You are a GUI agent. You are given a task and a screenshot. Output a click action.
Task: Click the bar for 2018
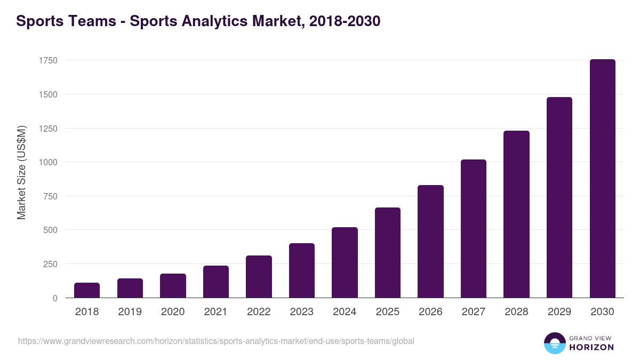point(87,290)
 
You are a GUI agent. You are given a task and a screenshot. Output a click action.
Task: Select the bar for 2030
point(602,179)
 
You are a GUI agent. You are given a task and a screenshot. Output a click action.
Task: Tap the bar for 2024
point(345,262)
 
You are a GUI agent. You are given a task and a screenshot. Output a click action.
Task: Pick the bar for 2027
point(474,229)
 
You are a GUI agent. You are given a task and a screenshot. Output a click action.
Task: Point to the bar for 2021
point(216,282)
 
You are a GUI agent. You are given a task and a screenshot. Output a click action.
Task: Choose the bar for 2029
point(559,197)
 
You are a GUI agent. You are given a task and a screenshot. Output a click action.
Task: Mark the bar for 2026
point(430,242)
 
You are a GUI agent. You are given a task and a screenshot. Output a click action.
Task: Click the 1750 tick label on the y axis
point(48,60)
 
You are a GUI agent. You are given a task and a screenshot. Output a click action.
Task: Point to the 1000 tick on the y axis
point(48,162)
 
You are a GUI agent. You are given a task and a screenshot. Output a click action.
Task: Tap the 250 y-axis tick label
point(50,264)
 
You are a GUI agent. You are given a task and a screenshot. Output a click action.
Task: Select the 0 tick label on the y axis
point(55,298)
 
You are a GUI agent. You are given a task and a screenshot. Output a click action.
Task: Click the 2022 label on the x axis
point(259,312)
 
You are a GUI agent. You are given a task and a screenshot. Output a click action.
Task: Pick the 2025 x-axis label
point(388,312)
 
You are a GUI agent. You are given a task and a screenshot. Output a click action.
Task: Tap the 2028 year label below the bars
point(516,312)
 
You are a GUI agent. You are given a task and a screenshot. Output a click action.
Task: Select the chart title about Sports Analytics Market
point(198,21)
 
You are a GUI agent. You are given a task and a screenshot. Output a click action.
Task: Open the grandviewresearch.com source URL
point(216,341)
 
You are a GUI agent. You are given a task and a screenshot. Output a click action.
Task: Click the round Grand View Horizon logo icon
point(554,343)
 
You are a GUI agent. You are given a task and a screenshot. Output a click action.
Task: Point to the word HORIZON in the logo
point(591,347)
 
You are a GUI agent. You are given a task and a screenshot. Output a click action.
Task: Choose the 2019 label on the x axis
point(130,312)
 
